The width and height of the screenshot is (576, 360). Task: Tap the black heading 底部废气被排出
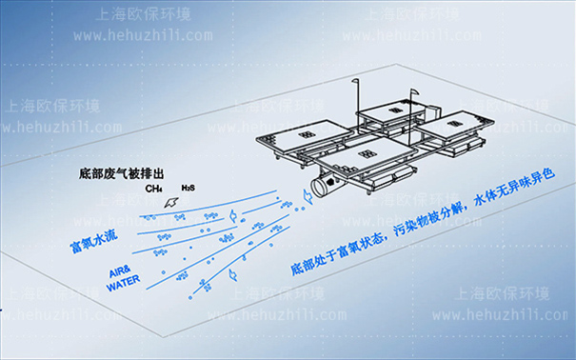point(123,174)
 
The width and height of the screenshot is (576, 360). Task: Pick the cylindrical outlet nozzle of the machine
point(326,183)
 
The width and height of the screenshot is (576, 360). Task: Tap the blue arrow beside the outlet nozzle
point(306,196)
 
